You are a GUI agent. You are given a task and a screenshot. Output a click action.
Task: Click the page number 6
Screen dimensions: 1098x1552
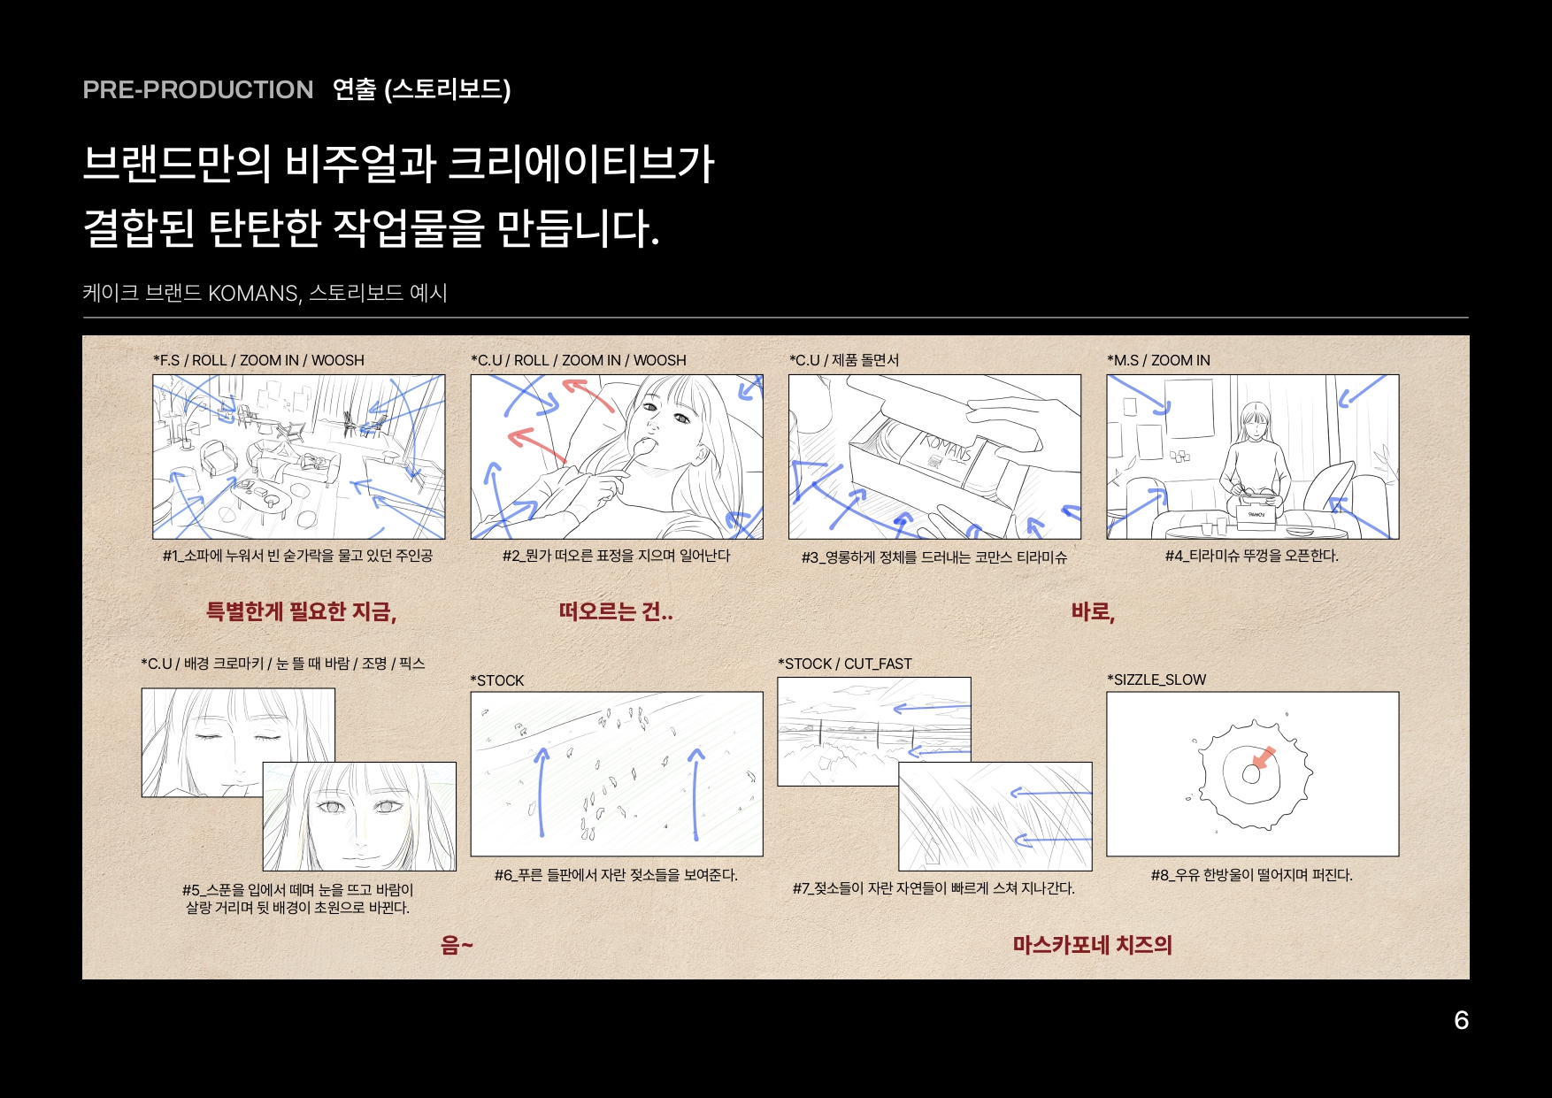click(1461, 1020)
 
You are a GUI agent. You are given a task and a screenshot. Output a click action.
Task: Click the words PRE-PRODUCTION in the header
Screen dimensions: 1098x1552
click(197, 89)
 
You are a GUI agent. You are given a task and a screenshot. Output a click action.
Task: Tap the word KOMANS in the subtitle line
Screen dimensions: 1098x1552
click(253, 293)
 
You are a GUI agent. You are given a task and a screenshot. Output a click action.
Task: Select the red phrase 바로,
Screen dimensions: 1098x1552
click(1093, 611)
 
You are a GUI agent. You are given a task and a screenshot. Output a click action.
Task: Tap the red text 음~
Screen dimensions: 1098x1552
click(457, 945)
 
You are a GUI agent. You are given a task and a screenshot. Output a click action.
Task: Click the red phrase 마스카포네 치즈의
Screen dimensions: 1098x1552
click(1092, 945)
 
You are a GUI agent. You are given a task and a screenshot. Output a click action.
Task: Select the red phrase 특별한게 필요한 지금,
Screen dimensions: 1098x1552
click(301, 611)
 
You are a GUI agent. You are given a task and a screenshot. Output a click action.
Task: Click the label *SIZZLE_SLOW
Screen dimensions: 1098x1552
click(1156, 680)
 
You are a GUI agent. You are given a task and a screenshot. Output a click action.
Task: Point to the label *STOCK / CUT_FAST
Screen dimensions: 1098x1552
click(844, 664)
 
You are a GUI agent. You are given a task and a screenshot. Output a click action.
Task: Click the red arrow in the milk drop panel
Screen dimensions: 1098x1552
click(1264, 758)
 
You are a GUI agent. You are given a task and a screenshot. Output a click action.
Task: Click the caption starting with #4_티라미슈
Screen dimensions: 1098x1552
click(1251, 556)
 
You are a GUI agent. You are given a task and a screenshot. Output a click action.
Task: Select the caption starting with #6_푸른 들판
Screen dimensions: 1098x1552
click(616, 875)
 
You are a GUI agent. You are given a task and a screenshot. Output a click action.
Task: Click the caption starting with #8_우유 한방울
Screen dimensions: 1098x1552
click(1251, 875)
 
